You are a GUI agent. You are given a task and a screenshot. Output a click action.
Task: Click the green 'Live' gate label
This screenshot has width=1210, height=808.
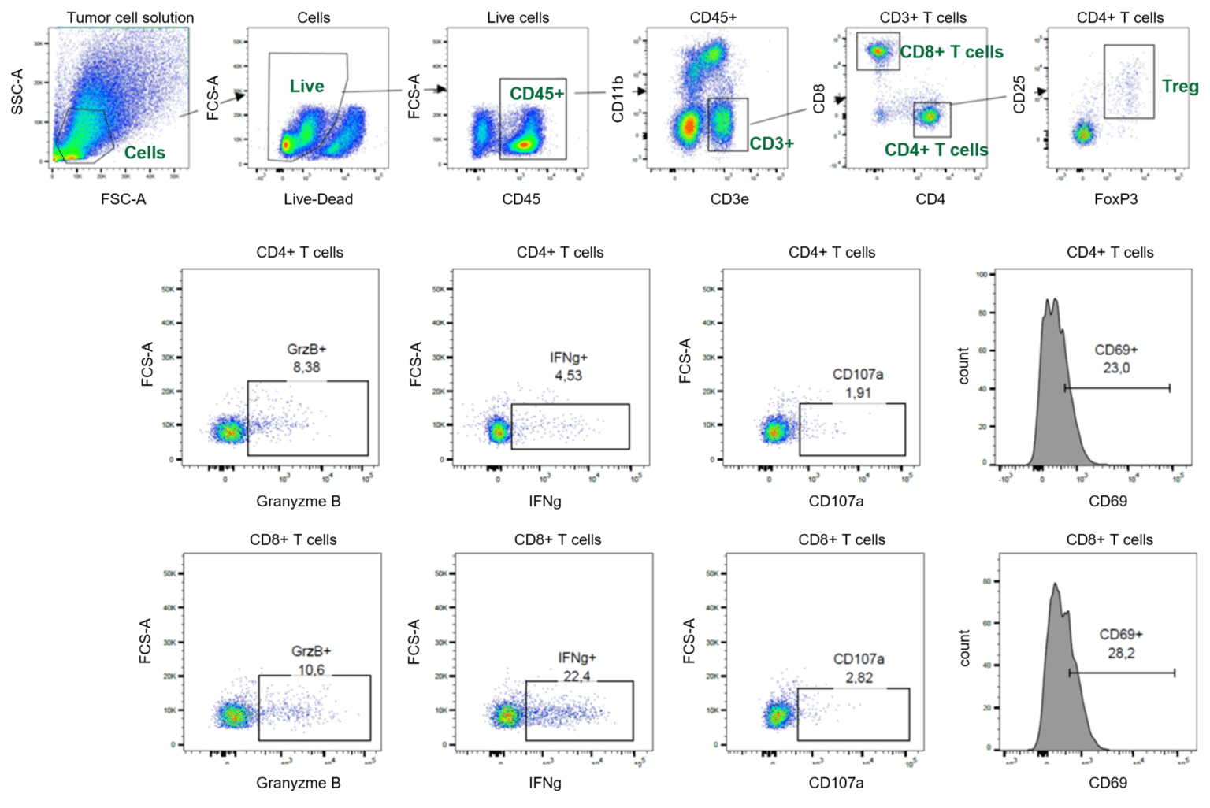[x=306, y=86]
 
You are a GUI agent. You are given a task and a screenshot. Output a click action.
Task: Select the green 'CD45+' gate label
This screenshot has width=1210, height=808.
[x=536, y=94]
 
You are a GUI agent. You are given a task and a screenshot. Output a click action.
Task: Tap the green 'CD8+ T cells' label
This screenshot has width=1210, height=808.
[x=952, y=52]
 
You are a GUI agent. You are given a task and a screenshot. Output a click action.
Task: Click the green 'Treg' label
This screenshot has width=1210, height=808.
[x=1179, y=86]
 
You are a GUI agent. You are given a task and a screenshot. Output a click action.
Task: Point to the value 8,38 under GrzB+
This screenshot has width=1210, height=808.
[x=306, y=367]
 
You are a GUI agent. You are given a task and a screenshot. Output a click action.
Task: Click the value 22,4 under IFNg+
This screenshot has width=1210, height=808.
[x=577, y=676]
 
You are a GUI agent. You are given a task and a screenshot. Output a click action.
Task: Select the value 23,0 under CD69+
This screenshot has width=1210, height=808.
[x=1116, y=368]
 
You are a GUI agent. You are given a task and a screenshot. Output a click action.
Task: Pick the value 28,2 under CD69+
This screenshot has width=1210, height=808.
[x=1121, y=653]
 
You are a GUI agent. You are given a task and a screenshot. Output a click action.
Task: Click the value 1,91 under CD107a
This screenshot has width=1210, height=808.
[x=858, y=392]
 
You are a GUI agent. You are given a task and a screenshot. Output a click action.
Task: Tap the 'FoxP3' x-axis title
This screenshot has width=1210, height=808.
[x=1115, y=199]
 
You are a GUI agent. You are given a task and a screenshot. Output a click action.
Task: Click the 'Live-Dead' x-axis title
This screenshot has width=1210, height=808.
[x=318, y=199]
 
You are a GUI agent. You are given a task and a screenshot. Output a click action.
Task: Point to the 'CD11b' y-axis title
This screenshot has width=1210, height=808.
[x=618, y=99]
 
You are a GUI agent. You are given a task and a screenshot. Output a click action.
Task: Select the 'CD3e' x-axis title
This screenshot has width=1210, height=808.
[x=729, y=199]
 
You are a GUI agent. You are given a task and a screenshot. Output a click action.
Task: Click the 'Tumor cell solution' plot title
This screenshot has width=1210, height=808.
[x=130, y=17]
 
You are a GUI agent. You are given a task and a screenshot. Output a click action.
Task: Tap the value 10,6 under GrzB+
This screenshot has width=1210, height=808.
[x=311, y=670]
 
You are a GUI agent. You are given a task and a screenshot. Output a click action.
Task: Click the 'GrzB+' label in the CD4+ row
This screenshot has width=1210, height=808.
[x=306, y=349]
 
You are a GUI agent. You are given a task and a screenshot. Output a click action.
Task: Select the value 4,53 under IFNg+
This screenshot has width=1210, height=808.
[x=568, y=376]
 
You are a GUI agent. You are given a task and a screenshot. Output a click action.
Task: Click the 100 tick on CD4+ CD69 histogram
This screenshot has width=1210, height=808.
[x=982, y=275]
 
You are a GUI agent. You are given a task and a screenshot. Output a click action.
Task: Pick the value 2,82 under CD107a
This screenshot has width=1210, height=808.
[x=859, y=677]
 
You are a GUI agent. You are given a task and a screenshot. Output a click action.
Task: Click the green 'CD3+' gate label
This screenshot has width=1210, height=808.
[x=771, y=143]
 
